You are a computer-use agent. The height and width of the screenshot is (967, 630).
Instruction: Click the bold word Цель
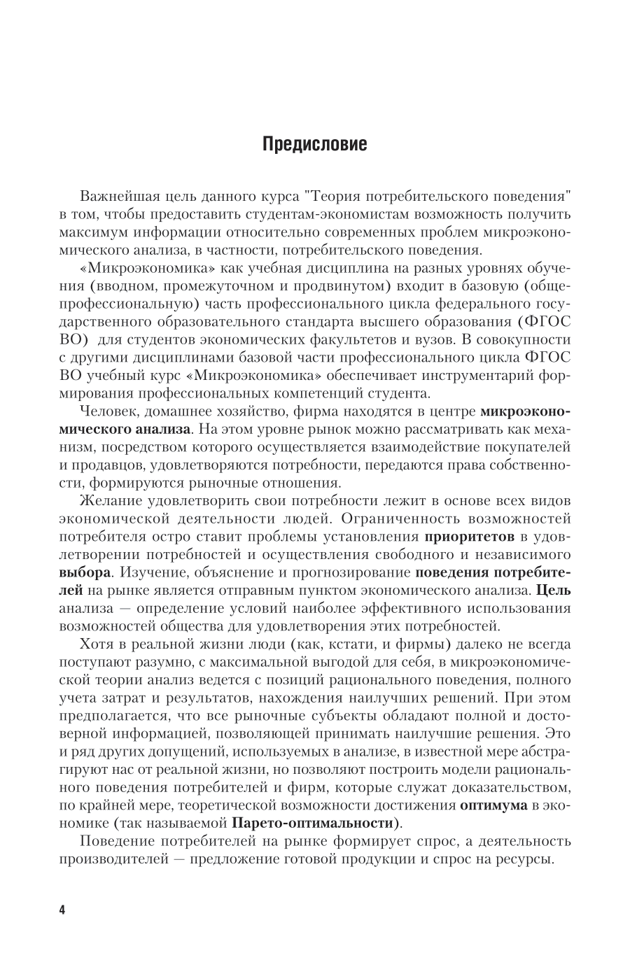tap(555, 590)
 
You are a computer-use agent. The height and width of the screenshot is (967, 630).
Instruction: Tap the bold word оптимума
tap(494, 805)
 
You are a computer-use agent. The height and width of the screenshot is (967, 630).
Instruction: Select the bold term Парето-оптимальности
tap(311, 824)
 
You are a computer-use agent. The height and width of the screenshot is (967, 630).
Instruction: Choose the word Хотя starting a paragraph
tap(97, 644)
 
